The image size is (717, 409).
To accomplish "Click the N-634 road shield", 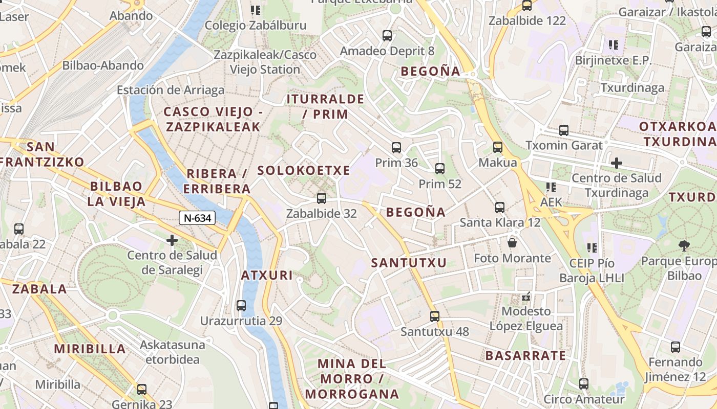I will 197,218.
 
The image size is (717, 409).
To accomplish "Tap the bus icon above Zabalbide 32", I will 322,198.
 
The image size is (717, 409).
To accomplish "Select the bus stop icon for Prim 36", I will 396,148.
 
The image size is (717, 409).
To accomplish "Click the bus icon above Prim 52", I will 439,168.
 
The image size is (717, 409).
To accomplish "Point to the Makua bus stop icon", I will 498,147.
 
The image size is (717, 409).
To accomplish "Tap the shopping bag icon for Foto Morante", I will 512,242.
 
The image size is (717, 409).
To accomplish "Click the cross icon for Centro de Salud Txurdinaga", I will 617,163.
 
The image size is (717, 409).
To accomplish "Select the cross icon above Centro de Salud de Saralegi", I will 172,240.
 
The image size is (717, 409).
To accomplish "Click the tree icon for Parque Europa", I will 684,246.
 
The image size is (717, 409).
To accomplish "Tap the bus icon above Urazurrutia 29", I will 241,306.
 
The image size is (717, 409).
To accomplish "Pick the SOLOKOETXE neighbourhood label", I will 304,171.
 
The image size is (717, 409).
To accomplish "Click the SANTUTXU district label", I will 409,263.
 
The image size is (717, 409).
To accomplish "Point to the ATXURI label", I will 267,276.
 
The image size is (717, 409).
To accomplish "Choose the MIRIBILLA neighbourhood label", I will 90,349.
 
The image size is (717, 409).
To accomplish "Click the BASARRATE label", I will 525,356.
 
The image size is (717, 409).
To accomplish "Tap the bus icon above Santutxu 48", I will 435,316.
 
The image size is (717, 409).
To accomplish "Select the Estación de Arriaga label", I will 171,90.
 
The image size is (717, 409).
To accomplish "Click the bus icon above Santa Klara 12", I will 500,208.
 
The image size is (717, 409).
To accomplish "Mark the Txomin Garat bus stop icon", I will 564,130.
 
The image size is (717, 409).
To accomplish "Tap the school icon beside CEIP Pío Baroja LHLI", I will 593,248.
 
